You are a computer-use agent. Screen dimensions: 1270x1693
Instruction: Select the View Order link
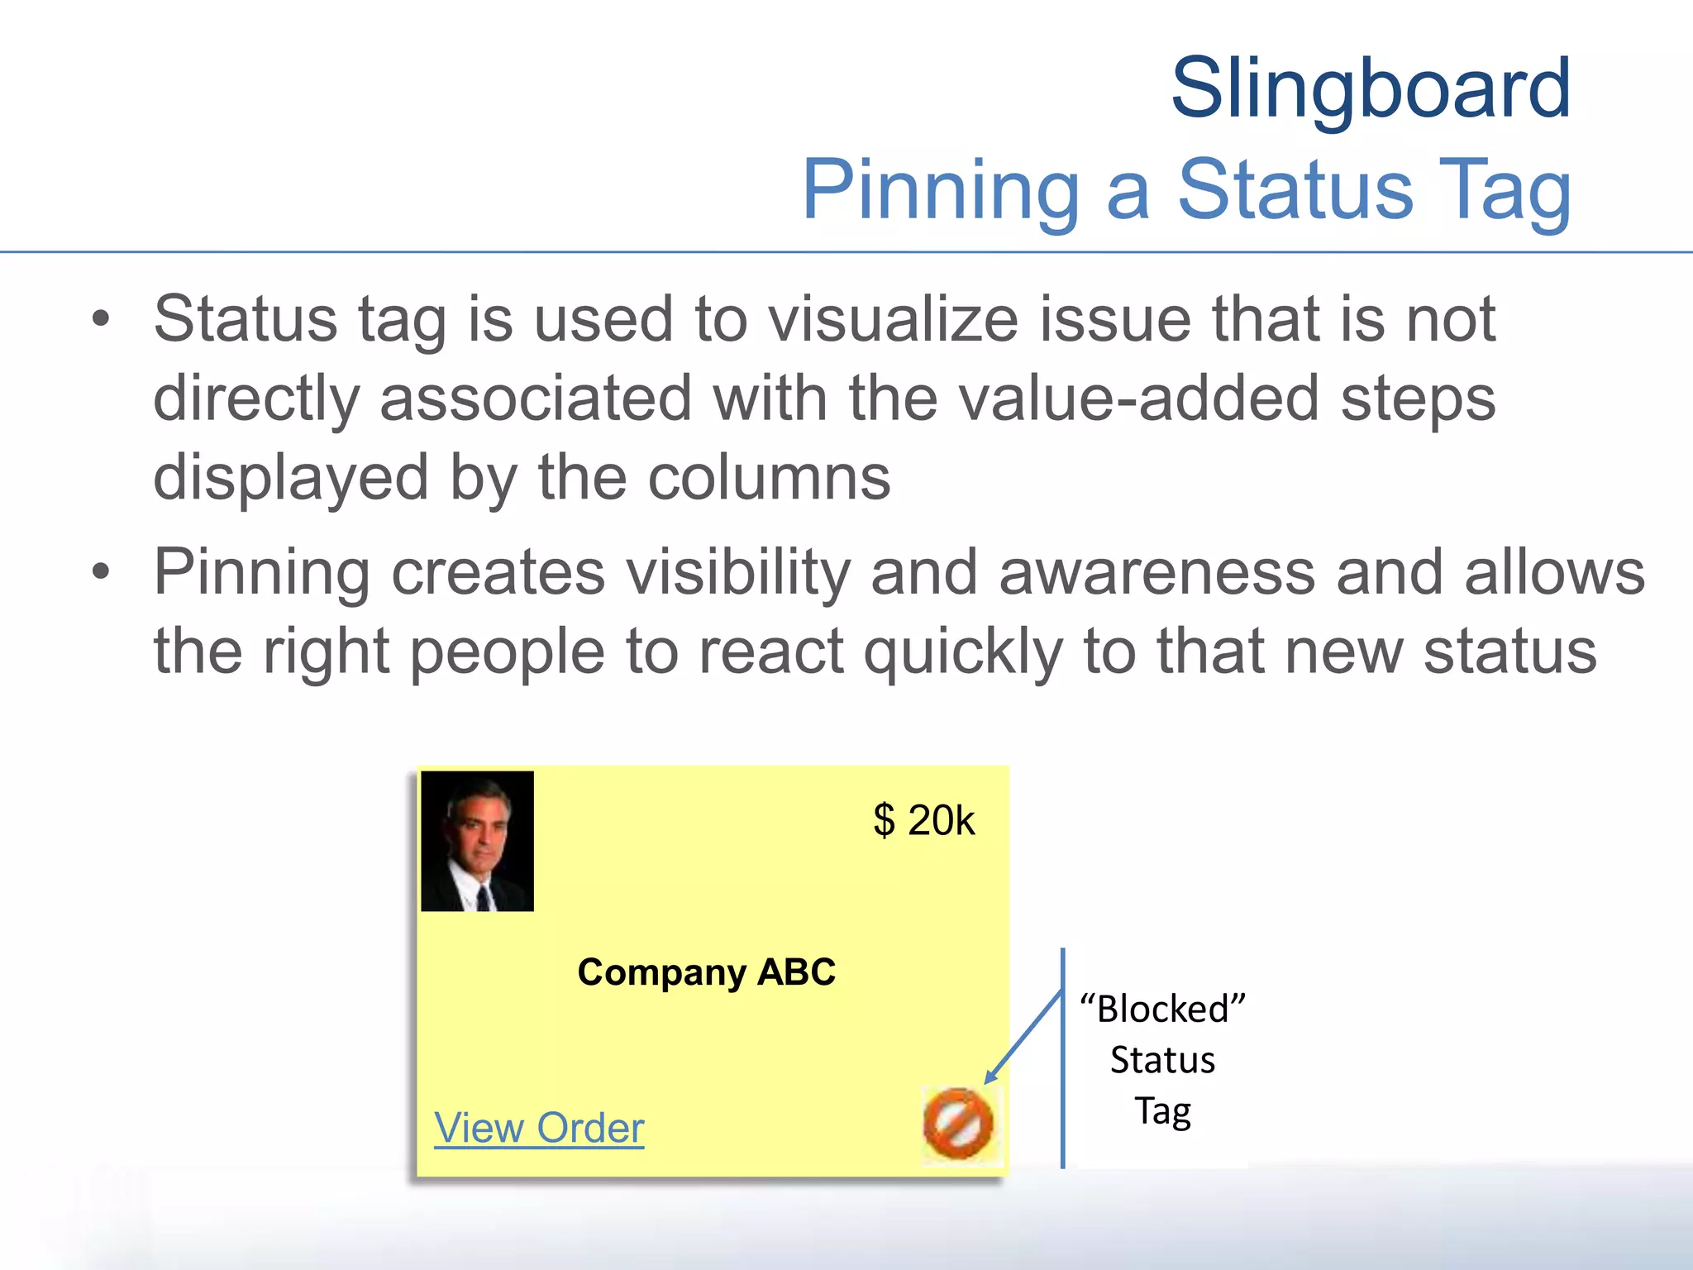(x=539, y=1128)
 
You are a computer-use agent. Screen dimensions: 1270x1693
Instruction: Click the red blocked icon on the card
(x=958, y=1123)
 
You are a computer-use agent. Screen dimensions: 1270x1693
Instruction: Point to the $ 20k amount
(x=923, y=820)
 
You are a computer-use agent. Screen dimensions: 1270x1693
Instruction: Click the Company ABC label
(x=706, y=972)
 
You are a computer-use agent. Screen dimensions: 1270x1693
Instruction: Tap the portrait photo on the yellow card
(x=477, y=841)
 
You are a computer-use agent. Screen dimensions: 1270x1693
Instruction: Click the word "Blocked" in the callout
(x=1162, y=1010)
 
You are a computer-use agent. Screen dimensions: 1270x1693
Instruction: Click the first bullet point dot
(x=101, y=319)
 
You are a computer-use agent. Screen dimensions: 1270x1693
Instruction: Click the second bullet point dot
(x=101, y=572)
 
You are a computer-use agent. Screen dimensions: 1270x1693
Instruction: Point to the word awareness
(x=1156, y=572)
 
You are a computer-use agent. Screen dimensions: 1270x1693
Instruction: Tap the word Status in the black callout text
(x=1162, y=1060)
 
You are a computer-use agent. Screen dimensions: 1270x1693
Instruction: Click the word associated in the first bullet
(x=536, y=399)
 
